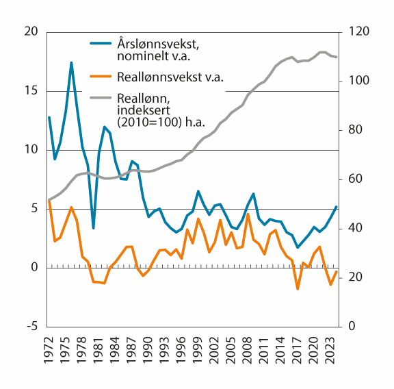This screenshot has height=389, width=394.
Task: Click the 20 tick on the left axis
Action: [x=31, y=32]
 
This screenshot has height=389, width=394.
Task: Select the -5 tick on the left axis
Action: [x=31, y=327]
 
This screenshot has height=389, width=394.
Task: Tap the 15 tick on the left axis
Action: [x=31, y=91]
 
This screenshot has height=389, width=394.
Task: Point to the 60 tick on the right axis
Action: [x=357, y=179]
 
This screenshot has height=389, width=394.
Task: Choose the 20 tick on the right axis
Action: [x=357, y=277]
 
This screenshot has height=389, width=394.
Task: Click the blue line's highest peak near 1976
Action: [x=71, y=62]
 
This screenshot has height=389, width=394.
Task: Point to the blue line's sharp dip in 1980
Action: [x=94, y=228]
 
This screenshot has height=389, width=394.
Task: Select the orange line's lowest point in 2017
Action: [x=298, y=289]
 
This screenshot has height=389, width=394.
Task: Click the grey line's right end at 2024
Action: [x=337, y=57]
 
